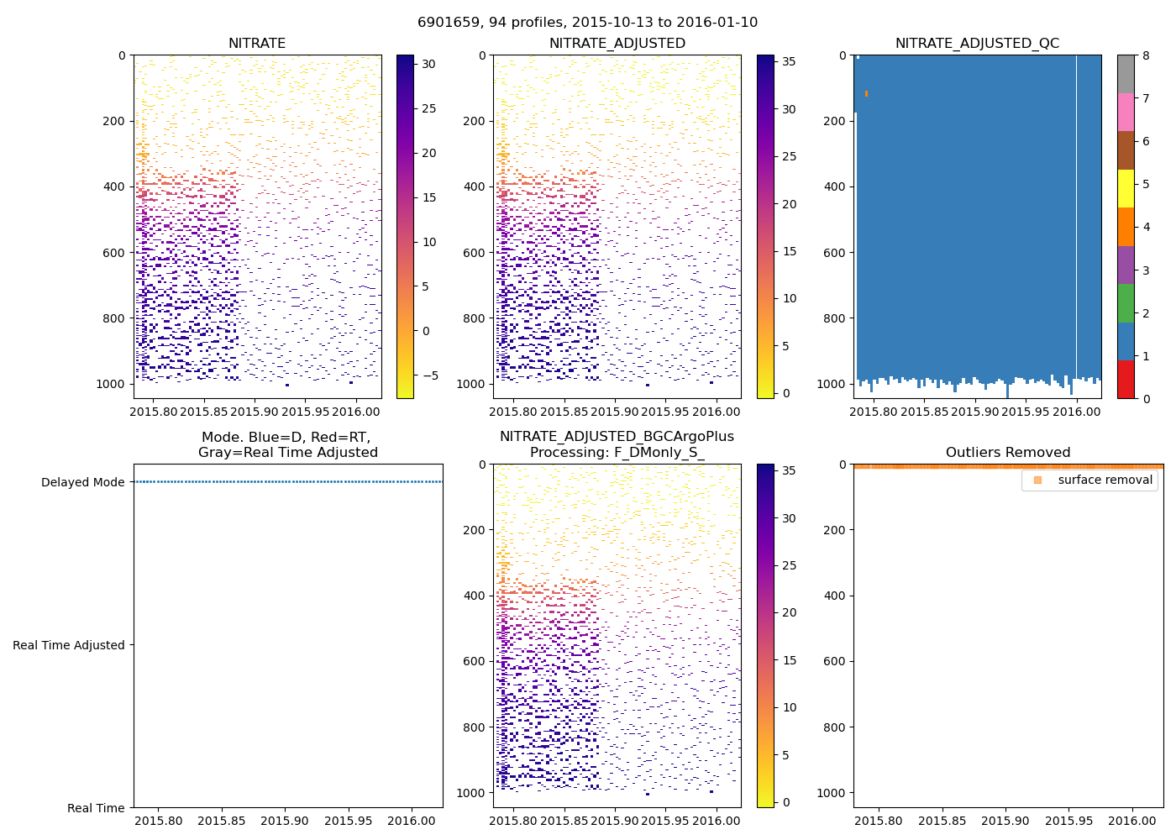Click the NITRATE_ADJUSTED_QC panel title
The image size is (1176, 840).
tap(977, 44)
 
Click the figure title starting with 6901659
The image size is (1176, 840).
tap(587, 23)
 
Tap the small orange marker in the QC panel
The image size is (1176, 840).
tap(866, 93)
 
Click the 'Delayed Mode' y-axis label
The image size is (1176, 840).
tap(82, 482)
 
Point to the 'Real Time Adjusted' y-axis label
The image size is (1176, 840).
tap(68, 645)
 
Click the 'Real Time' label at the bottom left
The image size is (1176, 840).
tap(96, 808)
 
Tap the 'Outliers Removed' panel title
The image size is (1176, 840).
tap(1007, 453)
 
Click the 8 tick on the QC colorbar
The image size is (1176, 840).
tap(1146, 55)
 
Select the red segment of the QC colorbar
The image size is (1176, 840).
tap(1126, 379)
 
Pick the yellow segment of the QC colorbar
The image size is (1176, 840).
tap(1126, 188)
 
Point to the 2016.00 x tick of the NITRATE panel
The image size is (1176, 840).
tap(355, 412)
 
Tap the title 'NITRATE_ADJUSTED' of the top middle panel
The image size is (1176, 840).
tap(617, 44)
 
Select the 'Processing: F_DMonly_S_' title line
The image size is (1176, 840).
tap(617, 453)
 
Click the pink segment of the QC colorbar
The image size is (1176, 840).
tap(1126, 112)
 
